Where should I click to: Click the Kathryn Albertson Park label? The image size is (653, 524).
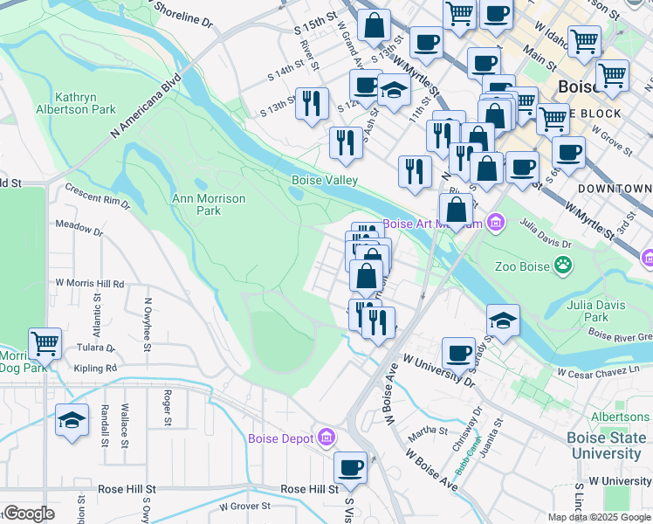click(x=86, y=103)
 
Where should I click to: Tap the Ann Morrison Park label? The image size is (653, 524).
click(x=208, y=204)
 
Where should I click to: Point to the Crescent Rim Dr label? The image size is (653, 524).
click(x=98, y=196)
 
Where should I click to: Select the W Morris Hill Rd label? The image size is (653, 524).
click(x=90, y=284)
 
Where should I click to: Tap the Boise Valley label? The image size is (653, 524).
click(x=325, y=180)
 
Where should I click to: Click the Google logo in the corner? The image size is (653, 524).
click(x=29, y=514)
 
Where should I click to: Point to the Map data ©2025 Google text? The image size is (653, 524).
click(x=598, y=517)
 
